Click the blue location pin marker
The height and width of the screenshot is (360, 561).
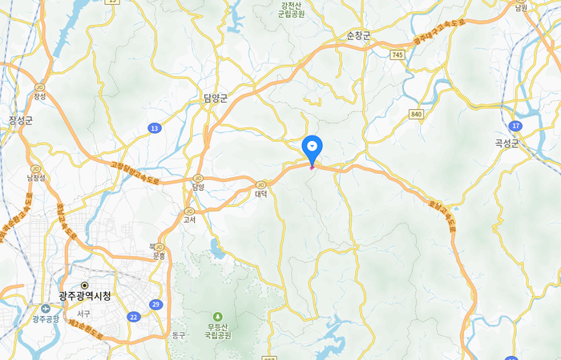(312, 148)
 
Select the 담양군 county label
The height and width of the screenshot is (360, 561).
(216, 99)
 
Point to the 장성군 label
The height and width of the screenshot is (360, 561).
(21, 120)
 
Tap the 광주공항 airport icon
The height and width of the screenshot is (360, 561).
(44, 308)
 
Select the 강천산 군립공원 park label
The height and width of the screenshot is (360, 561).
(292, 10)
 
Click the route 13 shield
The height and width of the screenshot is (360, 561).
(154, 127)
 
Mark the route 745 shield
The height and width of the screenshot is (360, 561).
(398, 55)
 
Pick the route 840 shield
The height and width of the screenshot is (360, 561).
(415, 114)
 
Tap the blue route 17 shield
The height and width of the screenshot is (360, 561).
(515, 126)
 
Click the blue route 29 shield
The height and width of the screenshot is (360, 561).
(155, 305)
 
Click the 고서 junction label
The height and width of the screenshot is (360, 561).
(190, 218)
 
